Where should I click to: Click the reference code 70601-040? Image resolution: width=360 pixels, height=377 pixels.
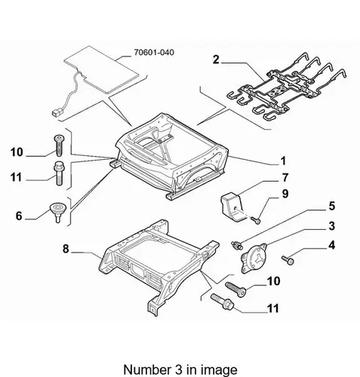coord(154,52)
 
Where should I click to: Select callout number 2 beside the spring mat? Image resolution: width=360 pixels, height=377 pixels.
coord(216,60)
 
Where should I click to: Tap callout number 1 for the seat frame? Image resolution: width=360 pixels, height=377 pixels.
coord(283,161)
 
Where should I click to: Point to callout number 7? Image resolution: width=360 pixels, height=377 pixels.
coord(285,178)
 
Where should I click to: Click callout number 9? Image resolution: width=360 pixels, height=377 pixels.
coord(285,194)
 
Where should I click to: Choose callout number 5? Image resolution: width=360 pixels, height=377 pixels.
coord(332,206)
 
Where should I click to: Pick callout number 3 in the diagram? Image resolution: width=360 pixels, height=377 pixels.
coord(332,226)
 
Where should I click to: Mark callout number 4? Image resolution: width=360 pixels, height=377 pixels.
coord(332,245)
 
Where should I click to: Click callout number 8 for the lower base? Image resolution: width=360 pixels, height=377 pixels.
coord(66,249)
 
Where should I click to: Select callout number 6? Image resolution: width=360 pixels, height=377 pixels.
coord(19,216)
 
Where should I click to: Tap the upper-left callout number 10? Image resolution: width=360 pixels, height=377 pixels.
coord(17,152)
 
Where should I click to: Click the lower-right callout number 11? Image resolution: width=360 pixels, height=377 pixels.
coord(273,308)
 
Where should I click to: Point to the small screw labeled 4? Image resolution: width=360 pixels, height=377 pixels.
coord(288,260)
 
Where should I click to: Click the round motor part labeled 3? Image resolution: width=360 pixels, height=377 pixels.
coord(254,258)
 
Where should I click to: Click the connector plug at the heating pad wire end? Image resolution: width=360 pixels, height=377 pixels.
coord(55,113)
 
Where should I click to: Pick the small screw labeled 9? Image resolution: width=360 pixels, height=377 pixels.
coord(256,220)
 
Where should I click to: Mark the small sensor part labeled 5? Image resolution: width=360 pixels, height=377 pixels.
coord(237,246)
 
